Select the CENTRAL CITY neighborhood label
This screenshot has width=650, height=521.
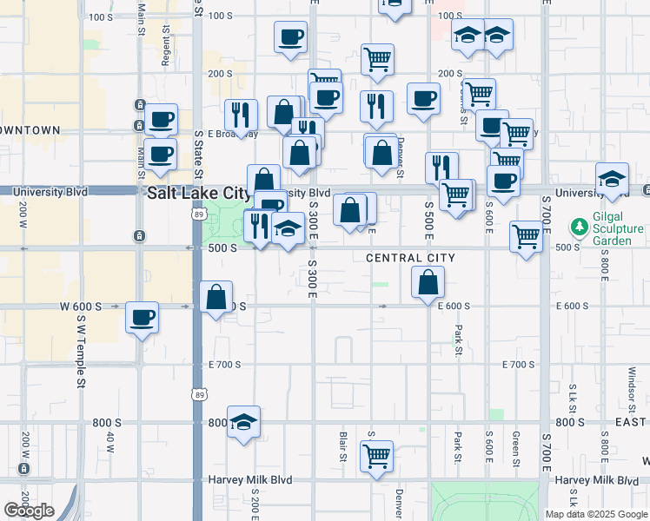(410, 258)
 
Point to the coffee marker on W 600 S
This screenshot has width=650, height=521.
(141, 317)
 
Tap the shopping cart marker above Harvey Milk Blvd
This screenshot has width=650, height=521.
(376, 455)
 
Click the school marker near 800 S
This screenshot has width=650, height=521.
(244, 421)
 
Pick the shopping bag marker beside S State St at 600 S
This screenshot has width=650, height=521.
(216, 296)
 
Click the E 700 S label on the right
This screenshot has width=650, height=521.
(519, 365)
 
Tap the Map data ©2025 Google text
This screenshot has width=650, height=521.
(595, 513)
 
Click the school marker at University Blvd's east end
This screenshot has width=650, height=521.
(612, 178)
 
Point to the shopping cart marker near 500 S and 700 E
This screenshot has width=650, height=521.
(526, 234)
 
